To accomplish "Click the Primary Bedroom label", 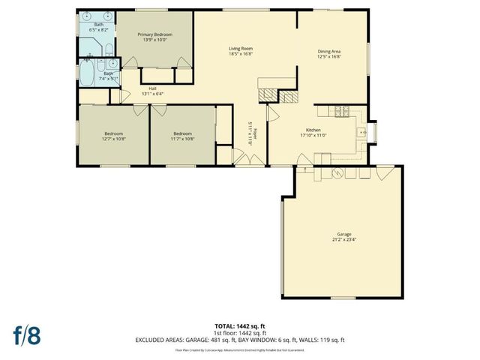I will (154, 34).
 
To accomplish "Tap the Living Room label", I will (240, 49).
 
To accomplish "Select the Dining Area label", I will (329, 50).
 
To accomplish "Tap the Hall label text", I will (152, 88).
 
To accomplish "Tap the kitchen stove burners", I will (341, 112).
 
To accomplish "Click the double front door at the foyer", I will (244, 159).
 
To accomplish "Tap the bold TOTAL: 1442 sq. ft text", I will (240, 326).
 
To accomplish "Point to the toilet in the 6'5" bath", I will (109, 50).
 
